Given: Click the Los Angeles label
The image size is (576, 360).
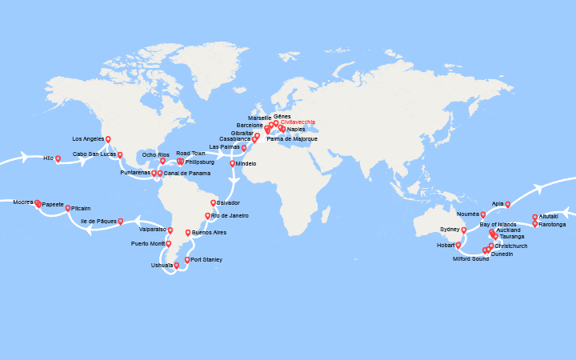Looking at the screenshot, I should coord(89,139).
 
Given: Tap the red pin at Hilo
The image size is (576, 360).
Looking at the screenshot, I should coord(58,158).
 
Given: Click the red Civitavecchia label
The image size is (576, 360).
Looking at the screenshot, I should coord(298,122).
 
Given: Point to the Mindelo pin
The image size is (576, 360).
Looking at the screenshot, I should coord(233,163).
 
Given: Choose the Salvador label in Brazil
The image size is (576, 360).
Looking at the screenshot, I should coord(228,202).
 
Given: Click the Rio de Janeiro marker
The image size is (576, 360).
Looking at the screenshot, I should coord(207,215).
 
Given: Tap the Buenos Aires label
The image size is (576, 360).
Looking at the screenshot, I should coord(209,232).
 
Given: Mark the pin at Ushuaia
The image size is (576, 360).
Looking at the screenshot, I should coord(176,266).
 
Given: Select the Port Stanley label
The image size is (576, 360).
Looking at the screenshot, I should coord(206,259).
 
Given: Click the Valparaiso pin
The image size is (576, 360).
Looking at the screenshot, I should coord(170,230).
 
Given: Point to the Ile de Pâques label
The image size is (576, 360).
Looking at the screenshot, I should coord(98,221).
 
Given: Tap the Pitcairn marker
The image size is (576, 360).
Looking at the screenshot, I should coord(68,207).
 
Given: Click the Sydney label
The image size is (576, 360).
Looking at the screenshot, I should coord(450,230).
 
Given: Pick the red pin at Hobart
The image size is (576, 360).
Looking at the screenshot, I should coord(458,245).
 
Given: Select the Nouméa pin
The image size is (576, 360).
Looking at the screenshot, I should coord(483,214).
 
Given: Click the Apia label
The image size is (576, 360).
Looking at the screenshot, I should coord(498,203).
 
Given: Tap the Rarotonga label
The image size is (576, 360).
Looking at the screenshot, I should coord(552,224).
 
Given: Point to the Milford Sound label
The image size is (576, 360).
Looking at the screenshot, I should coord(470,258).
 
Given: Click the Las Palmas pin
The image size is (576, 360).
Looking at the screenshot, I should coord(244,147).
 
